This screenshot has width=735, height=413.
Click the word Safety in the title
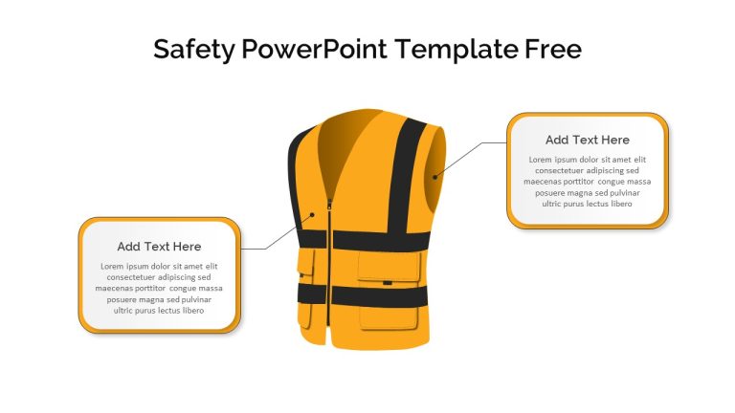[193, 50]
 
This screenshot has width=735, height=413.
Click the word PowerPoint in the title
[315, 49]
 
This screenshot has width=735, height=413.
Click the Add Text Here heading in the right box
[588, 140]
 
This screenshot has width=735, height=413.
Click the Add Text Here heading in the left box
[159, 247]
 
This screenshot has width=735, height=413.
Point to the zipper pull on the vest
[329, 205]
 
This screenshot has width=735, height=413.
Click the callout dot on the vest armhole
[435, 177]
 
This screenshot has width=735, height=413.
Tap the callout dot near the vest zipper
[312, 215]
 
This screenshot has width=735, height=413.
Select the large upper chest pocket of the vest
[390, 266]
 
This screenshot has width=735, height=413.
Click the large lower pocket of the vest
[389, 318]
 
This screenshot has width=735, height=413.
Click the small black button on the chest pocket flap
[388, 283]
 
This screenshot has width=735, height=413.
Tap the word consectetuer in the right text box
[559, 171]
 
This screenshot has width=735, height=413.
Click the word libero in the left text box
[193, 311]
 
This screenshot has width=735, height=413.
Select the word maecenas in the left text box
[112, 289]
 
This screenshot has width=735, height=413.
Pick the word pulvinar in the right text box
[625, 193]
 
